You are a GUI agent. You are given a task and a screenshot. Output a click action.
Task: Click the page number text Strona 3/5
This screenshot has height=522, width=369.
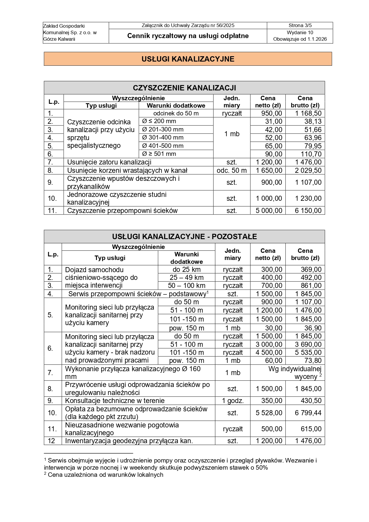[300, 26]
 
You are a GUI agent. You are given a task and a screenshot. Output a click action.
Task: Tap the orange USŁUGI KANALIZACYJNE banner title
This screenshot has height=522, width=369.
[188, 59]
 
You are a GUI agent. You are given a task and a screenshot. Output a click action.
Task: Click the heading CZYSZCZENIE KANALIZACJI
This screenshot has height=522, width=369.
[184, 88]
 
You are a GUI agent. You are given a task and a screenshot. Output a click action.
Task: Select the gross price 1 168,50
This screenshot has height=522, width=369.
[308, 113]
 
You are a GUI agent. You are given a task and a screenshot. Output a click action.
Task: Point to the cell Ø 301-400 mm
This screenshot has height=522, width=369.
[163, 137]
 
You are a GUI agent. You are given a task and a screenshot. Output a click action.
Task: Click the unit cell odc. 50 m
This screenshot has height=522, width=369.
[232, 170]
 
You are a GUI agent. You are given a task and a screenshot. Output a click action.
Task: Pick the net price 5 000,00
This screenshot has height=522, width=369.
[269, 211]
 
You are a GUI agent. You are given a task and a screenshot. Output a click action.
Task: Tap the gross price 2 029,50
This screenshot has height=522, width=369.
[308, 170]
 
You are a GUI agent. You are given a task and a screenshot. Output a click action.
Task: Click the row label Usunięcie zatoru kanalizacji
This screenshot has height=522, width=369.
[109, 162]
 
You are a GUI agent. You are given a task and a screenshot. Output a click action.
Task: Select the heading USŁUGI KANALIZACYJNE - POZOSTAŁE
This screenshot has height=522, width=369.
[184, 236]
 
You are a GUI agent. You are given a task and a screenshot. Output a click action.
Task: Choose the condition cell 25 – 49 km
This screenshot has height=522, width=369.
[186, 278]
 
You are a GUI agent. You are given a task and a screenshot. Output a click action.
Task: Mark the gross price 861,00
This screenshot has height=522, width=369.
[311, 286]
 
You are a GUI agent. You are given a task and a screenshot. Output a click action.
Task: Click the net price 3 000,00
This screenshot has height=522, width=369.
[269, 344]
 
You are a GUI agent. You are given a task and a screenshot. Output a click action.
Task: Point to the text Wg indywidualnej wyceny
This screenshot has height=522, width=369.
[295, 373]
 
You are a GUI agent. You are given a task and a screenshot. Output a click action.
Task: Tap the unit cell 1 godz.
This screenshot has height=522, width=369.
[233, 401]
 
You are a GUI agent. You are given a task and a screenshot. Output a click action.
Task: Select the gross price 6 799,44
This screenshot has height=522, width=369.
[308, 413]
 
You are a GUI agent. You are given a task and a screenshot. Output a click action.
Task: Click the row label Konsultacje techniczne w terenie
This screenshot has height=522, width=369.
[115, 401]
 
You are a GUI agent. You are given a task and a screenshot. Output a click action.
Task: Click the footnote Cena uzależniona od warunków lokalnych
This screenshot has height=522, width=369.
[105, 475]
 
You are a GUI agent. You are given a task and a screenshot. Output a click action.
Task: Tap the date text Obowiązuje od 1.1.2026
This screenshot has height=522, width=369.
[300, 39]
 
